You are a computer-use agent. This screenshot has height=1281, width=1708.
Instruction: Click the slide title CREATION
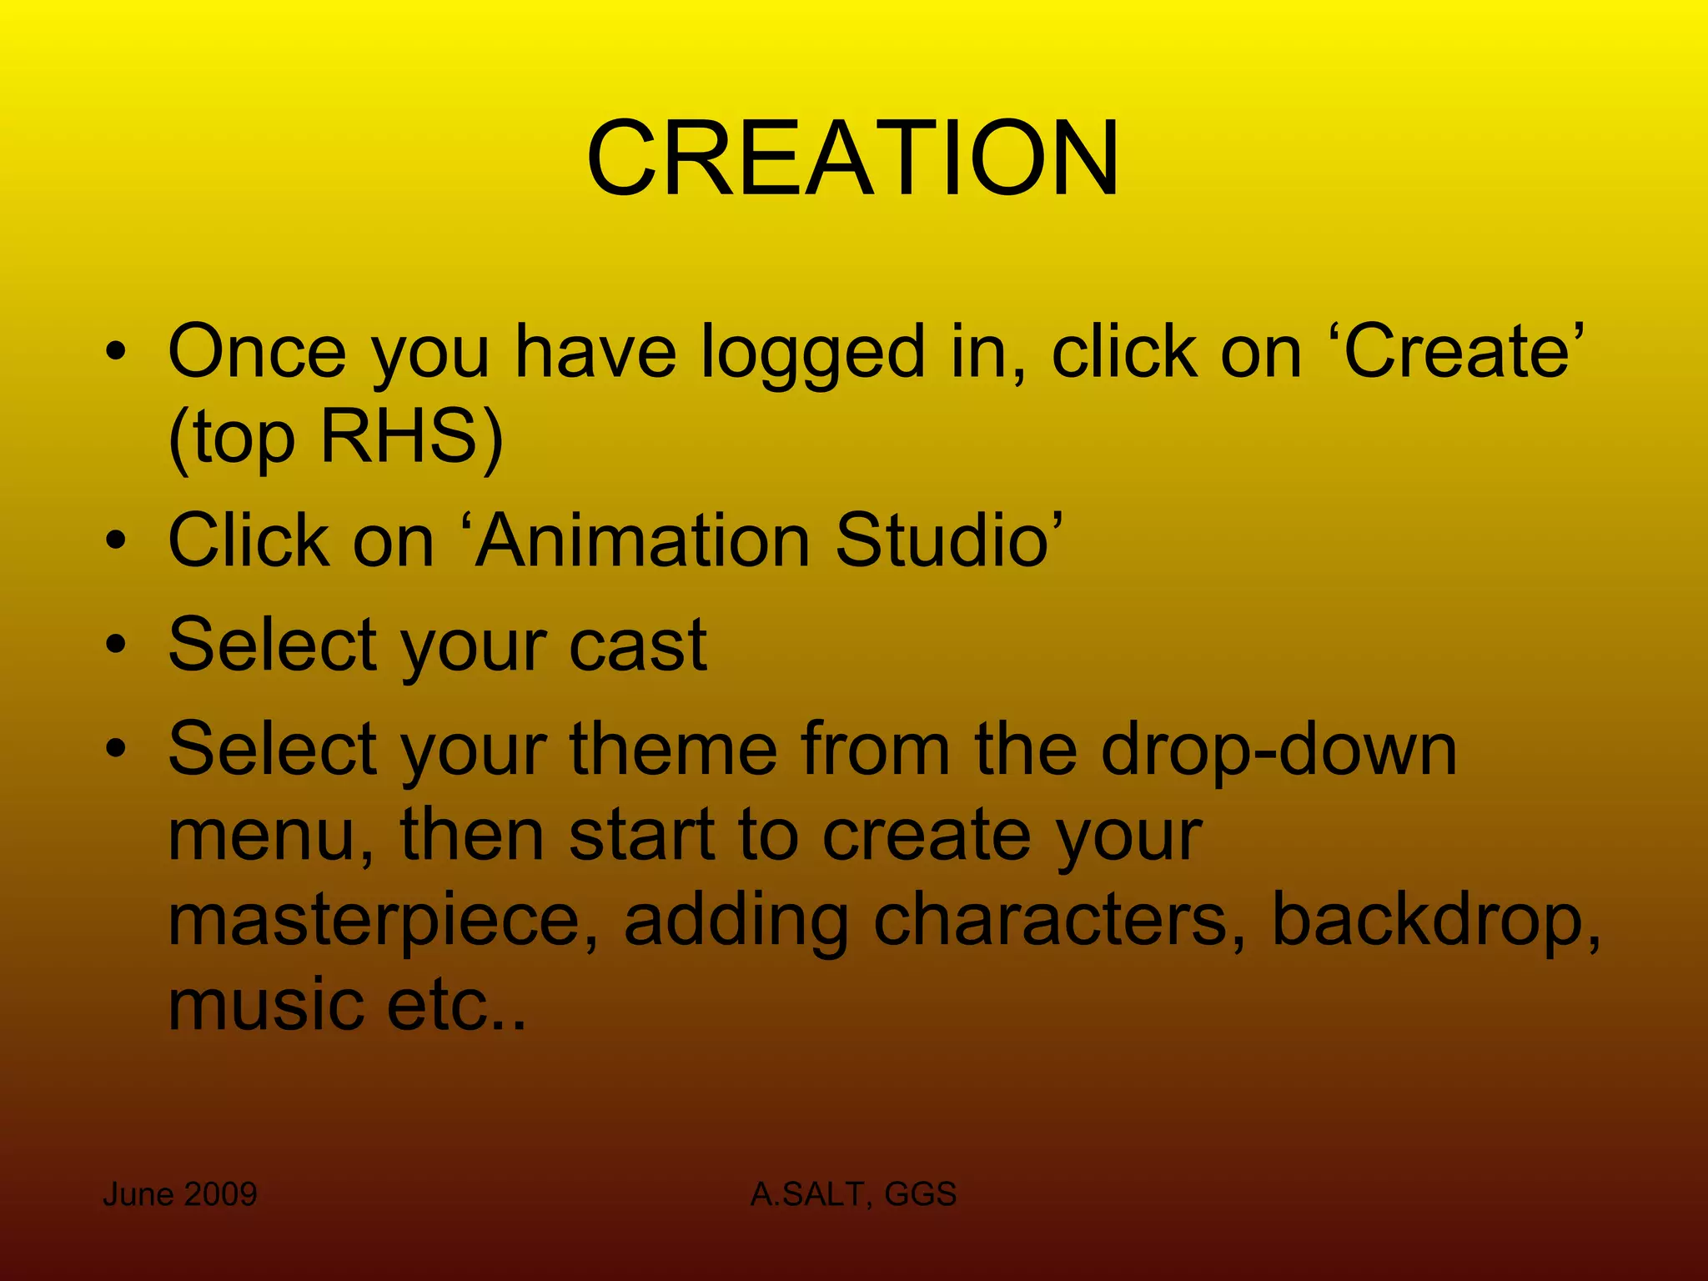tap(852, 158)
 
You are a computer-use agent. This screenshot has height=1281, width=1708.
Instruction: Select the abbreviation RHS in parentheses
tap(397, 437)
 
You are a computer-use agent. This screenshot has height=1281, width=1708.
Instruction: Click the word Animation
tap(642, 540)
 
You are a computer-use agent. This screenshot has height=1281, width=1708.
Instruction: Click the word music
tap(265, 1004)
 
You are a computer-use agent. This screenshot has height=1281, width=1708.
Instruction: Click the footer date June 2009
tap(179, 1194)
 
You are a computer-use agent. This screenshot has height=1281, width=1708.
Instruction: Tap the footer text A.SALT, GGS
tap(852, 1194)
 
